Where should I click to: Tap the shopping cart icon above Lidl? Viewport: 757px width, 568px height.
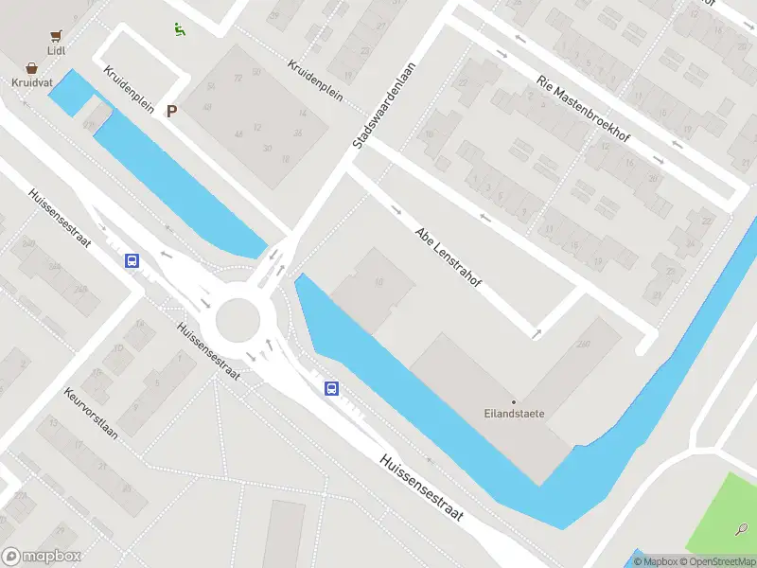pos(57,34)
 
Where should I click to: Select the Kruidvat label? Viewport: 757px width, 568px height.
pos(32,83)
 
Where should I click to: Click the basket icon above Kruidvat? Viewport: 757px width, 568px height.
pos(32,68)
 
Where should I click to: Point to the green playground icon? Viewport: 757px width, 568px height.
pos(180,28)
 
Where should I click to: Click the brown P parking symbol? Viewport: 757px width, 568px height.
pos(171,112)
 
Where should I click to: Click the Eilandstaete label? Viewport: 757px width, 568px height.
pos(516,415)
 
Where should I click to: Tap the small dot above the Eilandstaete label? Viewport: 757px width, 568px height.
pos(515,402)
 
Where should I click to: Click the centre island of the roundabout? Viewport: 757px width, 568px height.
pos(238,320)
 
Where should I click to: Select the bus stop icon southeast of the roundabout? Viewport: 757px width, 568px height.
pos(332,388)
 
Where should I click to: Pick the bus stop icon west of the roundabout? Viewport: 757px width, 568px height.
pos(133,261)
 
